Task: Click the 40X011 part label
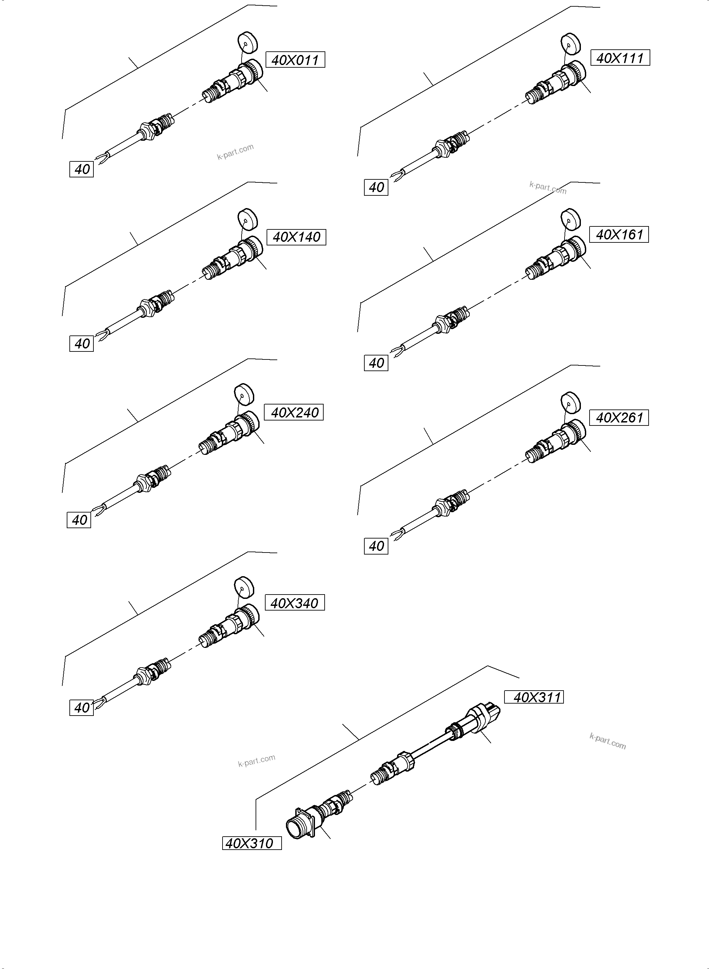click(x=295, y=60)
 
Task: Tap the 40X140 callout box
click(x=296, y=237)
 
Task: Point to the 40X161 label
click(x=619, y=235)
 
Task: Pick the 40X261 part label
click(x=619, y=417)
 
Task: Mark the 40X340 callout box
click(x=295, y=603)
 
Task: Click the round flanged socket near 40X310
click(x=299, y=824)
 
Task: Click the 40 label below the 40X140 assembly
click(x=81, y=343)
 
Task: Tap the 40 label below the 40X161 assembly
click(x=376, y=363)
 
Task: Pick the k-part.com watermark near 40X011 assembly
click(x=235, y=152)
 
